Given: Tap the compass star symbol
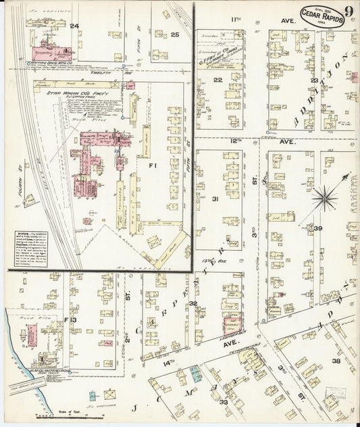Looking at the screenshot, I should coord(326,198).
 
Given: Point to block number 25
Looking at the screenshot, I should coord(174,34).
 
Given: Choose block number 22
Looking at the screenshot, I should coord(217,80).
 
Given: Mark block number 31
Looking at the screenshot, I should coord(215,199).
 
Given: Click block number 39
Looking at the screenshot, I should coord(317,229).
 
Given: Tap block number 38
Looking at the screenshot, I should coord(336,361).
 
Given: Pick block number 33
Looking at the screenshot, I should coord(224,402).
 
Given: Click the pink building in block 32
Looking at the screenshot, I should coord(232,325).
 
